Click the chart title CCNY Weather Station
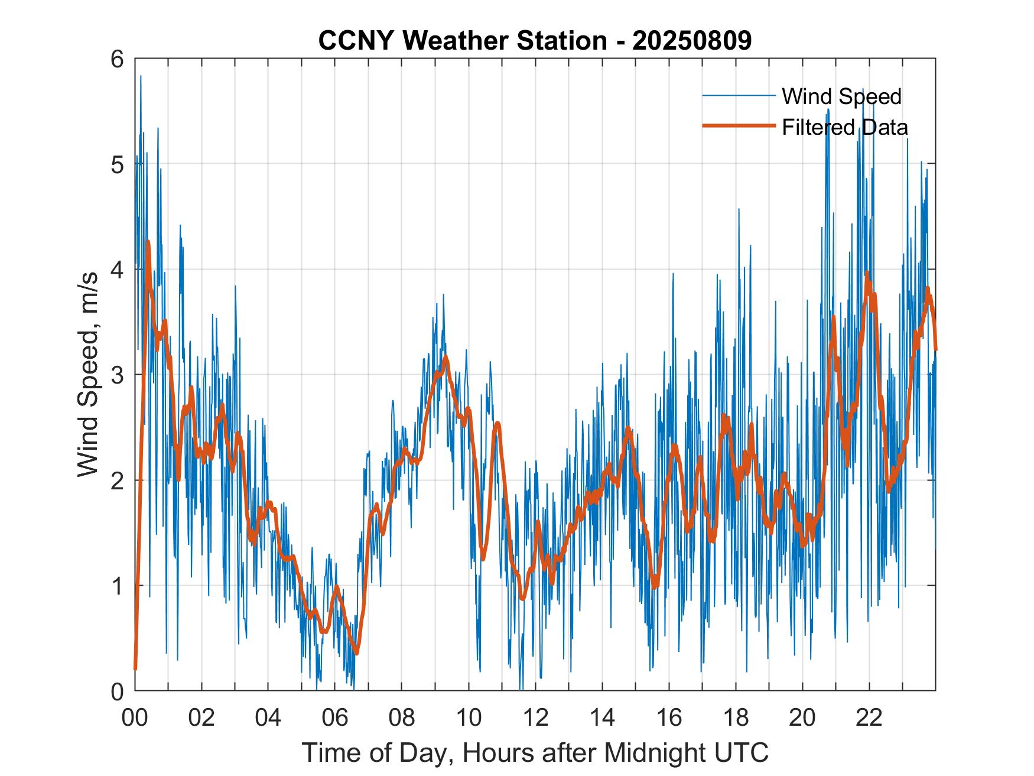462,41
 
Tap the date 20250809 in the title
692,41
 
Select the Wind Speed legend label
841,96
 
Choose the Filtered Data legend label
844,127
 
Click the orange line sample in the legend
739,126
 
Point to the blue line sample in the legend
739,96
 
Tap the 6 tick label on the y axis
118,59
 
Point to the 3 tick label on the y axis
118,375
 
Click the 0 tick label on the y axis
118,691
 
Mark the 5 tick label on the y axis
118,164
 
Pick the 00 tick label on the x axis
135,717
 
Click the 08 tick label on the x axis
402,717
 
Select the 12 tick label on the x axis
535,717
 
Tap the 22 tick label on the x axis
869,717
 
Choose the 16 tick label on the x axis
669,717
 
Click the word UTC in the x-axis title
742,752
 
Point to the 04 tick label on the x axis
268,717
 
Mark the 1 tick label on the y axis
118,586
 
